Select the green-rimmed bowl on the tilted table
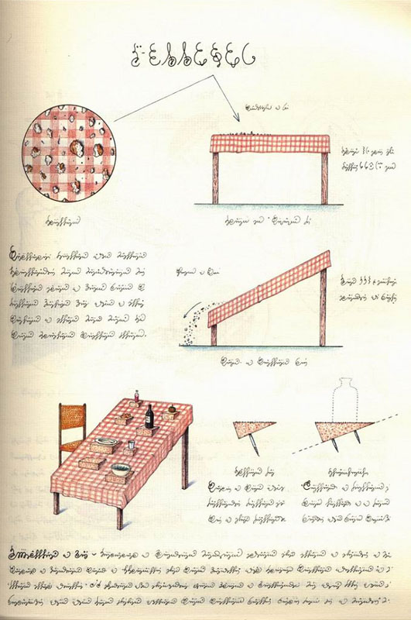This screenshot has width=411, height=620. coord(120,470)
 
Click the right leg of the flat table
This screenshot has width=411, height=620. coord(324,178)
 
